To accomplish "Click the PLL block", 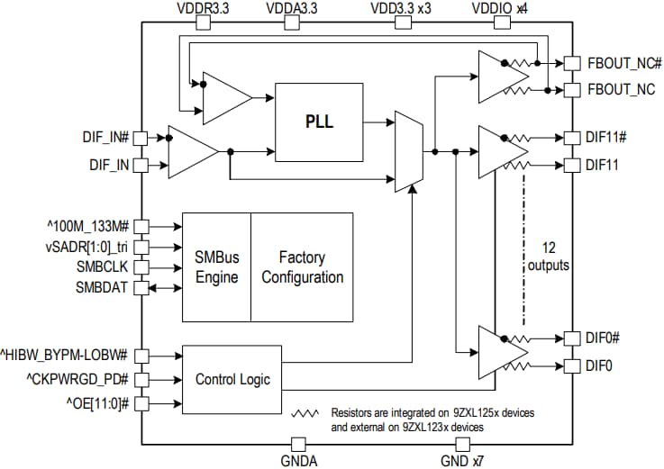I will click(x=319, y=121).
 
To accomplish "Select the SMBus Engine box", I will click(x=216, y=267).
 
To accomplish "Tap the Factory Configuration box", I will click(x=303, y=267).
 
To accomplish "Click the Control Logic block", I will click(x=232, y=378).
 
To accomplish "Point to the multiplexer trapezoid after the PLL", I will click(x=408, y=151).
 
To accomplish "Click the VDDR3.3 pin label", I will click(x=203, y=8).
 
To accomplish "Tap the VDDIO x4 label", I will click(x=499, y=8).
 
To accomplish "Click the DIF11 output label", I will click(x=603, y=165).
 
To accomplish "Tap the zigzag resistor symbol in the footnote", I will click(x=306, y=413).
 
